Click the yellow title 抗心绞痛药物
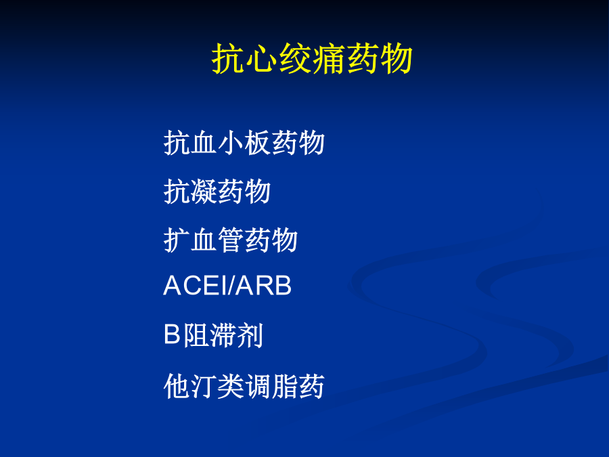tap(312, 59)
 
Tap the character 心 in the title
tap(262, 59)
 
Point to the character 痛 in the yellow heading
tap(329, 59)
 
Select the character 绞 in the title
tap(295, 59)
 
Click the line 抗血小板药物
tap(244, 143)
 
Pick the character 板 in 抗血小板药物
tap(258, 143)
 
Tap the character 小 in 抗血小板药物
tap(231, 143)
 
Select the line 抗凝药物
tap(217, 192)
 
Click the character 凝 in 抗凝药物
tap(204, 192)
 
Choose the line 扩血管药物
tap(231, 240)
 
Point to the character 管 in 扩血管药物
tap(231, 240)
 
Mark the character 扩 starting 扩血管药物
tap(177, 240)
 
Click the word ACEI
tap(196, 286)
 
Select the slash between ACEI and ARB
tap(233, 286)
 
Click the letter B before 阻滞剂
tap(173, 334)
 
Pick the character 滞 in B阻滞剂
tap(223, 335)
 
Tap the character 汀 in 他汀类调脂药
tap(204, 387)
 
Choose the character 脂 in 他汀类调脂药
tap(285, 387)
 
